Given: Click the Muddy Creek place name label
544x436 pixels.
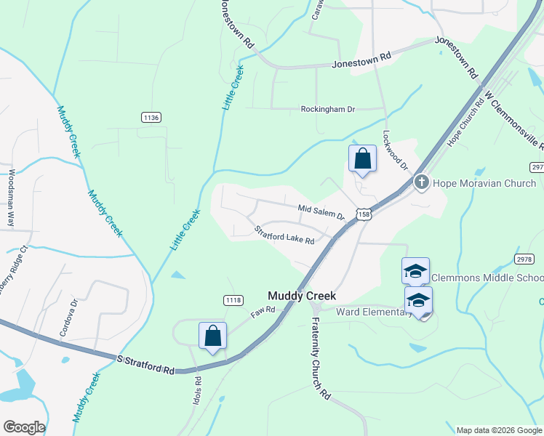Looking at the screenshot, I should click(302, 296).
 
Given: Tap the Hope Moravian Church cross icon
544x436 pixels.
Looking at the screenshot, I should click(420, 182).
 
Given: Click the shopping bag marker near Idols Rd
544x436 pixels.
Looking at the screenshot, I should click(212, 336).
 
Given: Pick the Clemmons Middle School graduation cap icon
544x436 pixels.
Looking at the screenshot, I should click(415, 272).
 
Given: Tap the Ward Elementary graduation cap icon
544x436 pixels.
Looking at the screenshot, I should click(418, 299).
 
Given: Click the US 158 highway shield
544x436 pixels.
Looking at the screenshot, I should click(364, 214).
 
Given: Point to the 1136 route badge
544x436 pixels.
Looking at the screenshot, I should click(151, 117).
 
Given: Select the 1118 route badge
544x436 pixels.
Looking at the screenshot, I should click(233, 300).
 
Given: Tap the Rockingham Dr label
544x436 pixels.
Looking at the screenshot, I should click(327, 110).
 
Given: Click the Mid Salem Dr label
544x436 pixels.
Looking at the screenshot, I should click(321, 212).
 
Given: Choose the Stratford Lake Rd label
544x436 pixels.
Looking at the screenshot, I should click(284, 235).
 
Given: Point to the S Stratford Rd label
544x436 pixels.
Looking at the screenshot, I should click(145, 363).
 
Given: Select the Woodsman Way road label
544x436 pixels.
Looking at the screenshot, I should click(12, 199).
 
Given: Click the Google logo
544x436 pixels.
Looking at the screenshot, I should click(24, 427).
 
